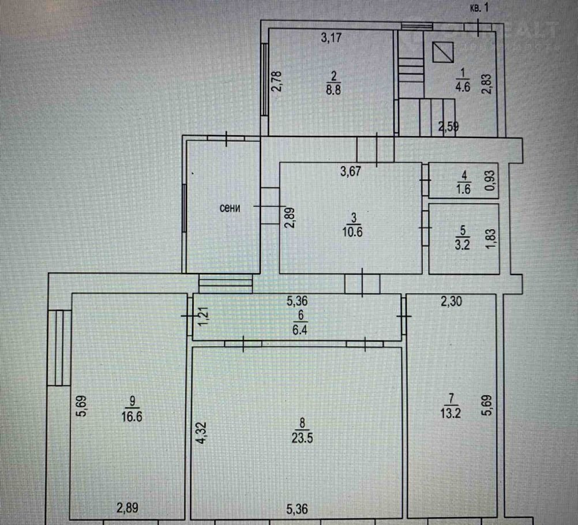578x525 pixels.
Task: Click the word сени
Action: click(x=230, y=208)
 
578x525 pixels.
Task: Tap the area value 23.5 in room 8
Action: click(x=302, y=438)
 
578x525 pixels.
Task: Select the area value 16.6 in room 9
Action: click(x=132, y=417)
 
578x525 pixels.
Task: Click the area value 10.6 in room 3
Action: click(x=352, y=232)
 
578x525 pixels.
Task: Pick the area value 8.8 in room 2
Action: click(x=333, y=90)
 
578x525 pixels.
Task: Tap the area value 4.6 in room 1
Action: click(x=463, y=87)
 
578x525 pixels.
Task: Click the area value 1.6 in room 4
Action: click(x=463, y=189)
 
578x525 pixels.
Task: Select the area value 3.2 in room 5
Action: click(x=462, y=245)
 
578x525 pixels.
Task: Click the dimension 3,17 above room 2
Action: click(x=331, y=37)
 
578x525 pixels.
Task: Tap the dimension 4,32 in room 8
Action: click(x=203, y=433)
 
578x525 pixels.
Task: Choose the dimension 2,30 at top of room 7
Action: click(x=451, y=302)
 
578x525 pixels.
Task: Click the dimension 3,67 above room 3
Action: click(x=351, y=171)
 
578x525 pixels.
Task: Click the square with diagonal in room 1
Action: click(x=442, y=52)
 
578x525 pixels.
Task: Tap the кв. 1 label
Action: click(x=479, y=7)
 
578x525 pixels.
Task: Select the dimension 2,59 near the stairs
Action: click(x=449, y=127)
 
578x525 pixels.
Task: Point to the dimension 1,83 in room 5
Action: click(x=491, y=239)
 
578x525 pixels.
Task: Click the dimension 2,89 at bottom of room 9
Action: click(x=127, y=508)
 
